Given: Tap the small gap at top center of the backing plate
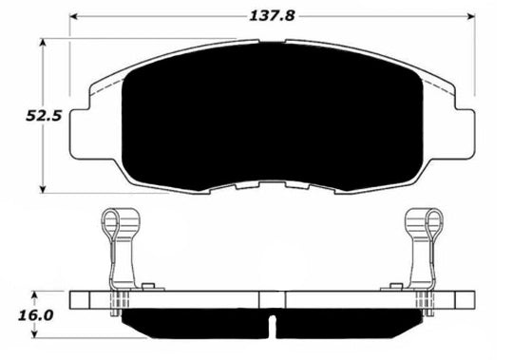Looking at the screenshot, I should [273, 41].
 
